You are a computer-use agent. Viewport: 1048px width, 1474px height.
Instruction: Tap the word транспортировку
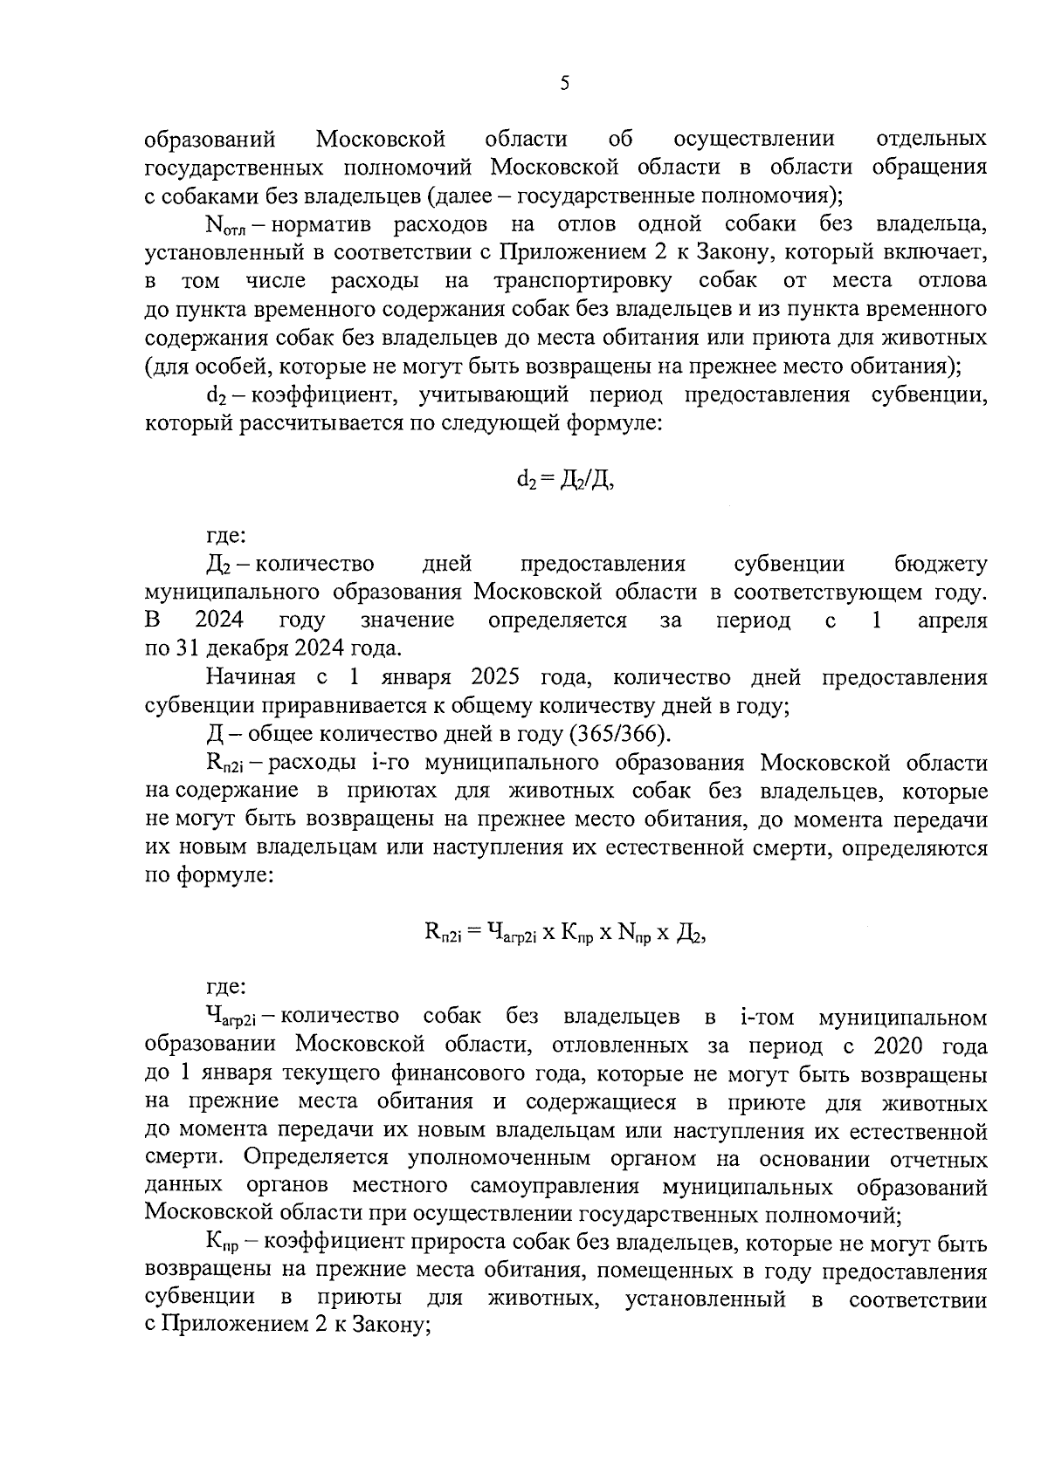coord(583,281)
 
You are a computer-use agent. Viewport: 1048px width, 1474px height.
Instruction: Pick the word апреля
coord(953,621)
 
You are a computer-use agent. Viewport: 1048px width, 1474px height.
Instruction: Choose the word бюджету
coord(941,565)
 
